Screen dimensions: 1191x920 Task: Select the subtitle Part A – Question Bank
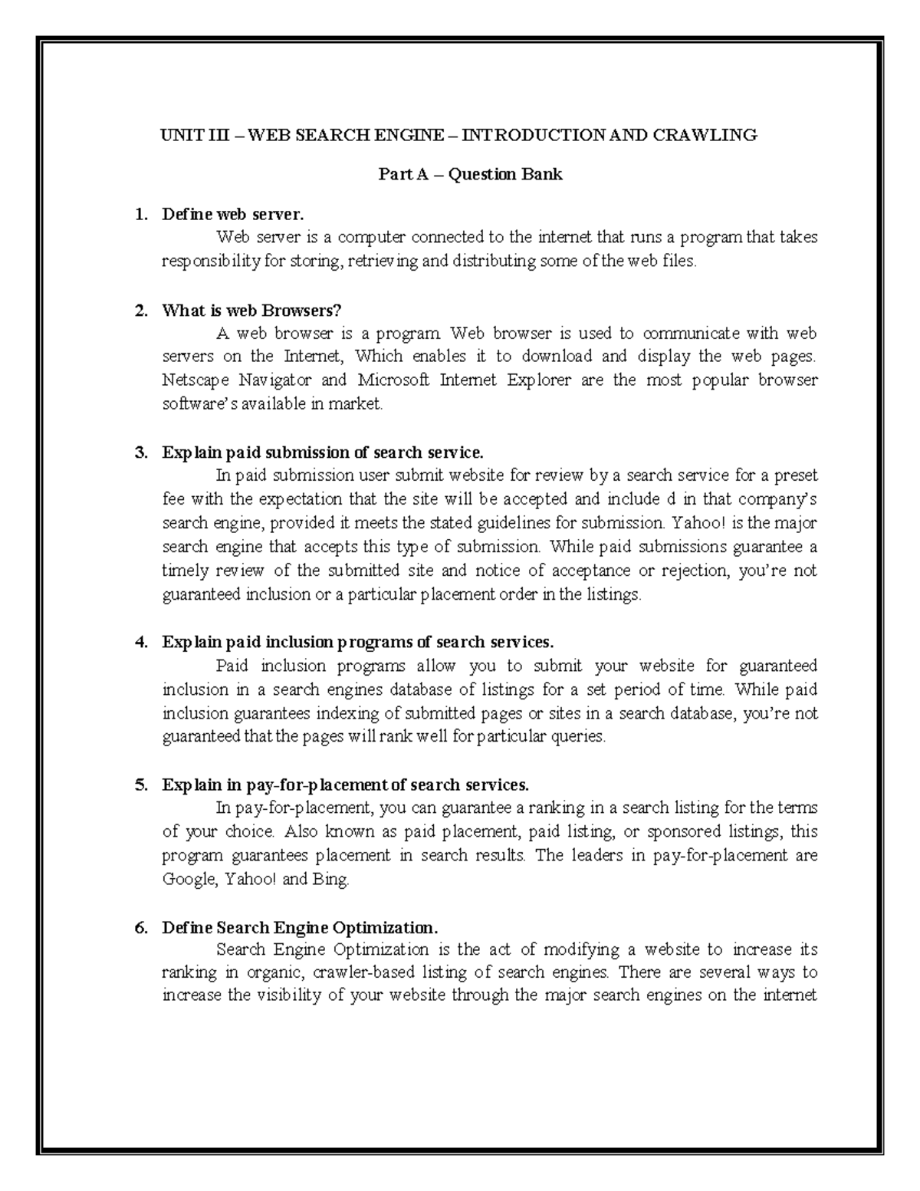coord(470,175)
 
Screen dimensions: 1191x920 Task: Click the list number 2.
coord(140,311)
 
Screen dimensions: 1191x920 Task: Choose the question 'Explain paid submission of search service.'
coord(323,452)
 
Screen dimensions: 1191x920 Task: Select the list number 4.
coord(140,642)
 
